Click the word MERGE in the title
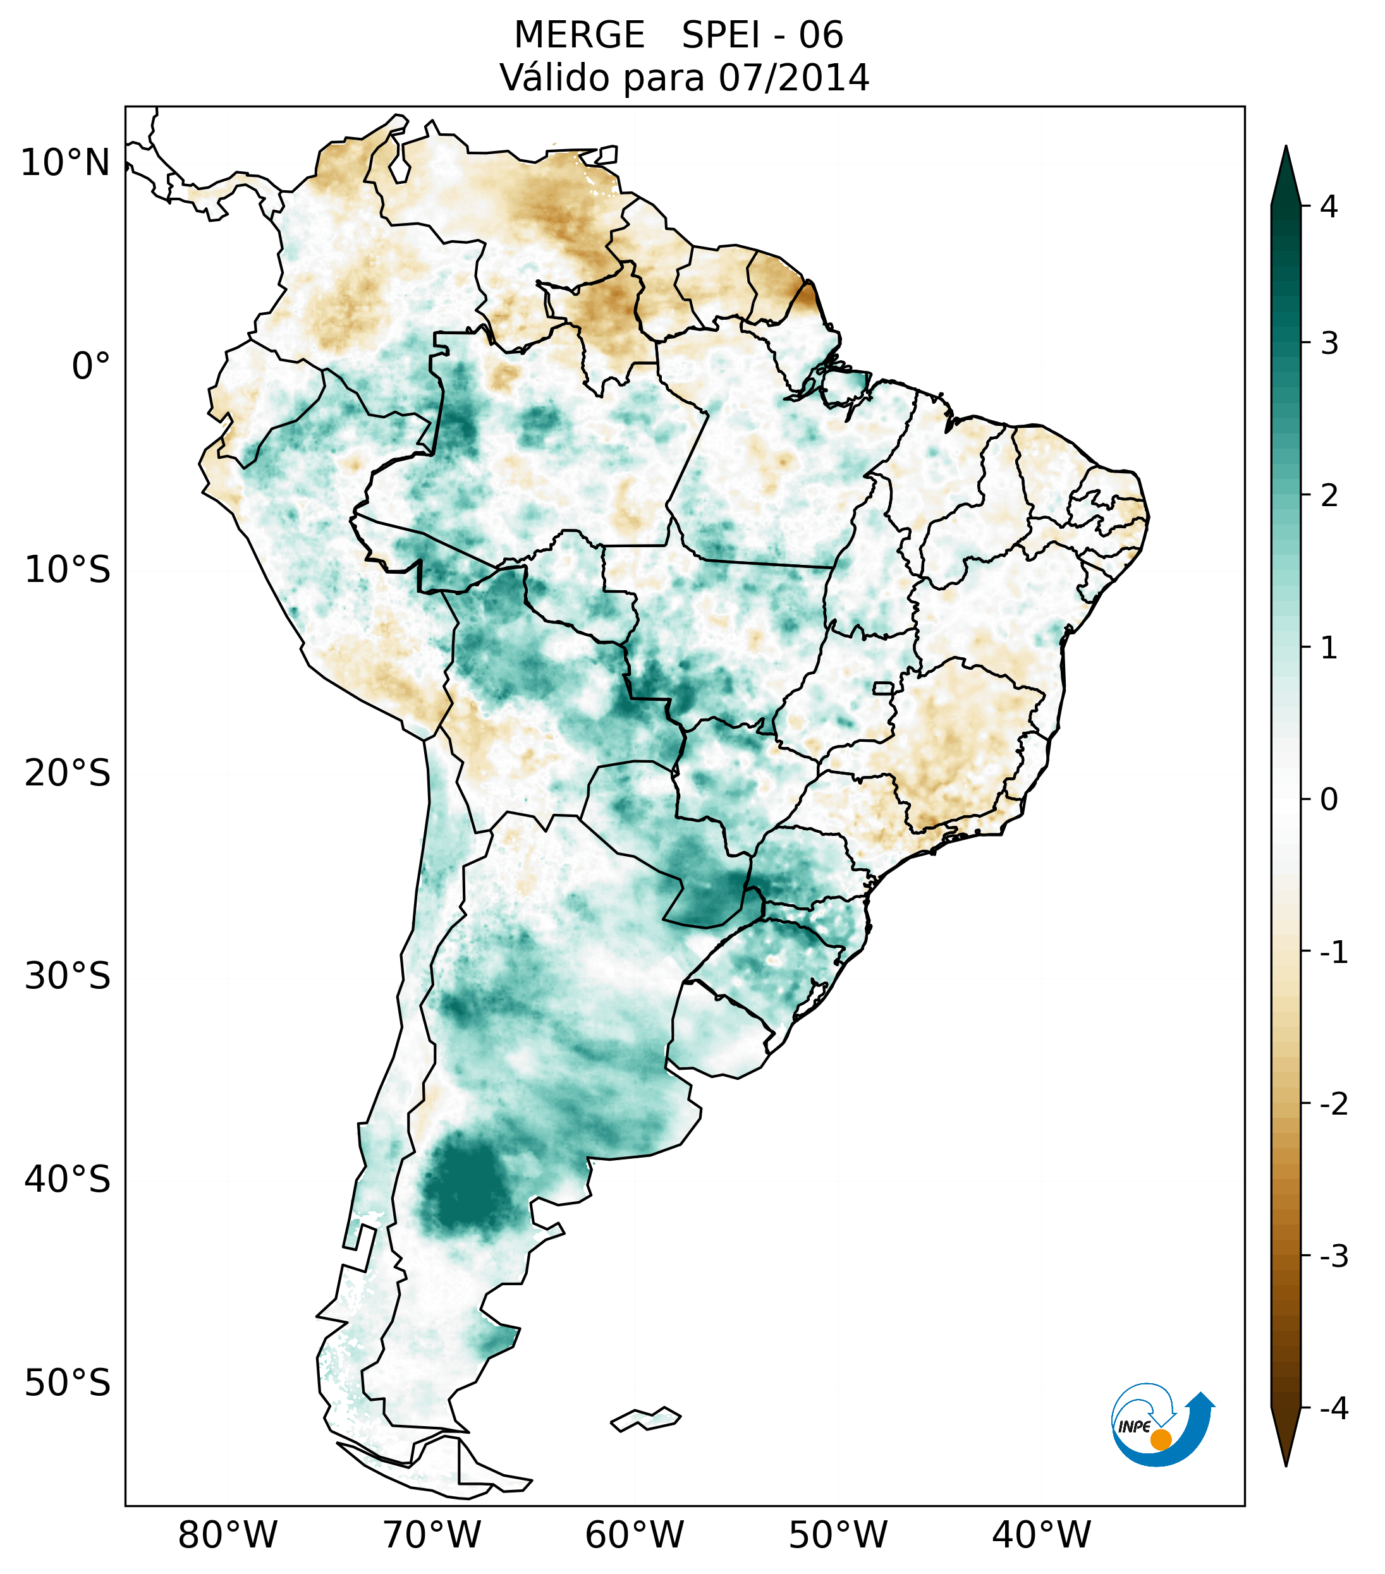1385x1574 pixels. point(578,35)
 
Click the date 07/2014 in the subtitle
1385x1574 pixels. point(793,78)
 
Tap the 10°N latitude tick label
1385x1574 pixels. point(66,163)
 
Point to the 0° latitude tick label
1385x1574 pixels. point(91,366)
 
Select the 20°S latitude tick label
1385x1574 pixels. point(68,773)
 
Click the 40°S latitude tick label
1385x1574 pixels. point(68,1180)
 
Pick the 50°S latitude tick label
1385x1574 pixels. point(68,1383)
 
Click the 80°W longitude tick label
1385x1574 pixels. point(228,1535)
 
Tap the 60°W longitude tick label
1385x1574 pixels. point(635,1535)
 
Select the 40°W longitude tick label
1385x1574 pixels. point(1042,1535)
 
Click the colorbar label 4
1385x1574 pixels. point(1329,207)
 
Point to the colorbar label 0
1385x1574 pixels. point(1329,800)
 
